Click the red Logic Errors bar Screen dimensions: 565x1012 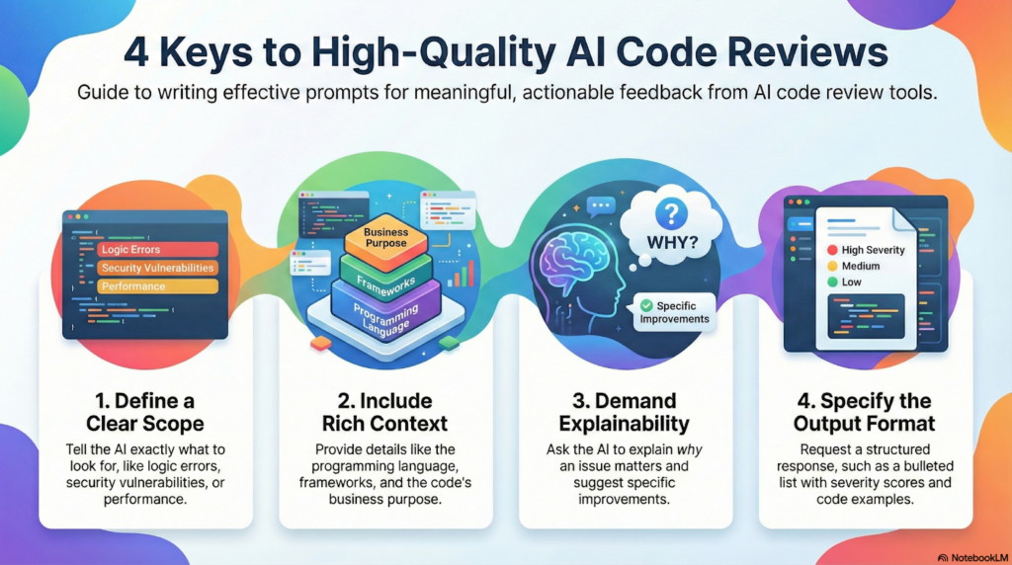pos(157,250)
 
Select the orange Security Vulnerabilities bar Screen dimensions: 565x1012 pos(157,268)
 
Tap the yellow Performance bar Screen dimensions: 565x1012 pos(157,286)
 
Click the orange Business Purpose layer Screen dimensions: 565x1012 pos(385,237)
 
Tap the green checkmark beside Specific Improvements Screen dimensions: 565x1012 pos(646,306)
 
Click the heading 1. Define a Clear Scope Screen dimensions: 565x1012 pos(146,412)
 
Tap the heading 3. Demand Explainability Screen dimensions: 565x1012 pos(625,412)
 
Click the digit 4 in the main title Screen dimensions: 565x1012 pos(136,51)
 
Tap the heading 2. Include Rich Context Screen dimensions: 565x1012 pos(386,412)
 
